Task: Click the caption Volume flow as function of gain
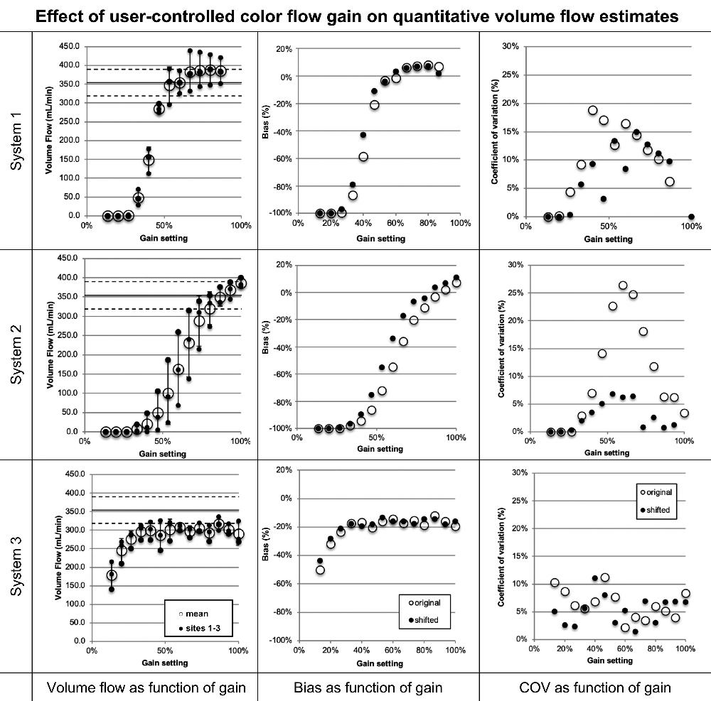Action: [146, 687]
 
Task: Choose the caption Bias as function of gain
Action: [368, 687]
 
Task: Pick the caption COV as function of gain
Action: [595, 687]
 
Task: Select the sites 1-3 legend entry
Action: [202, 629]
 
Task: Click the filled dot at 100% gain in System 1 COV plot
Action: [691, 217]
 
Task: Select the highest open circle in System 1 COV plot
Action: [592, 110]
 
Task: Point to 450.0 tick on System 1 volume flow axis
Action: [69, 46]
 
